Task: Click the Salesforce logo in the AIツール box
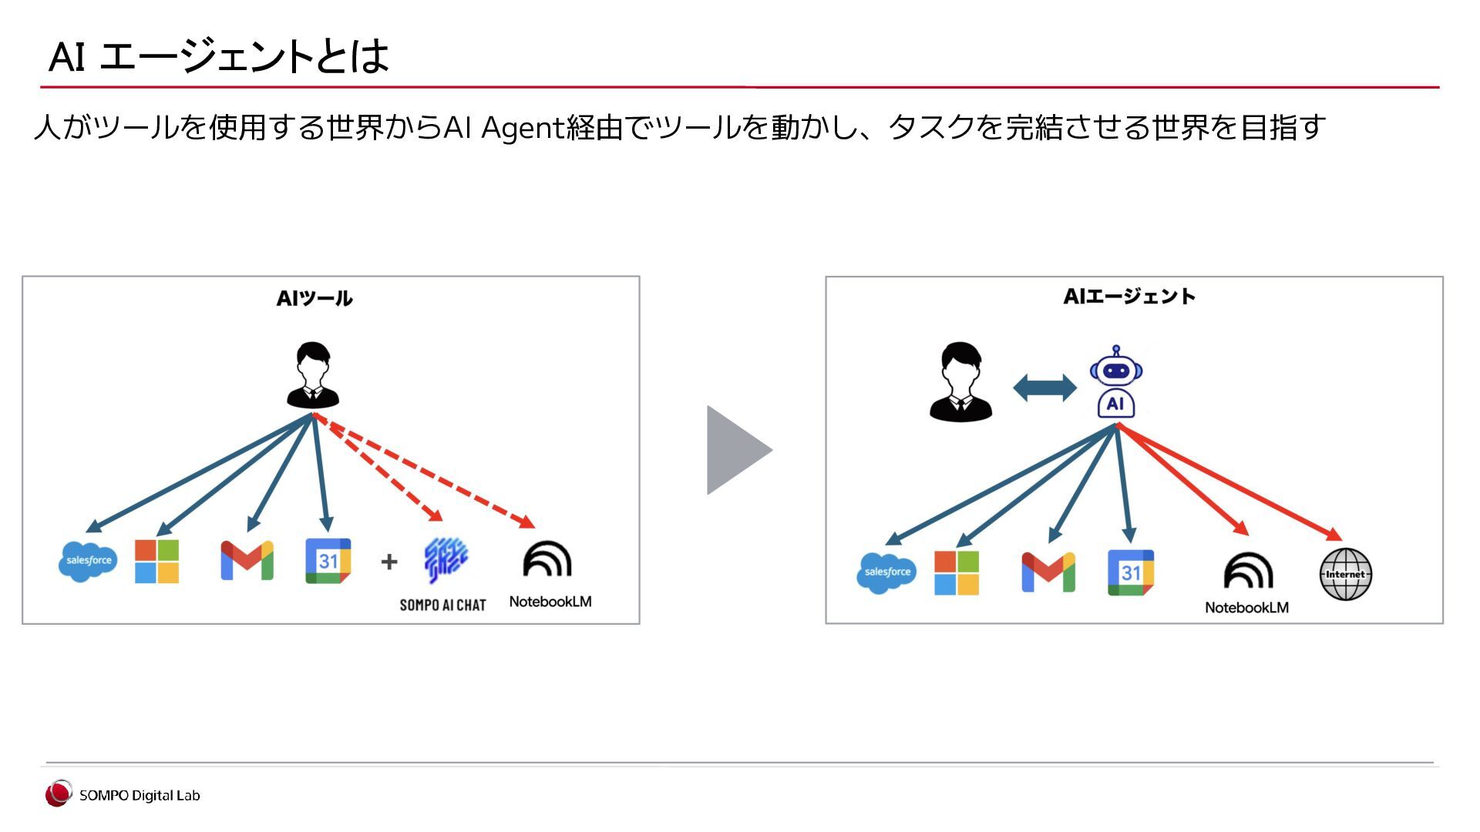pos(88,561)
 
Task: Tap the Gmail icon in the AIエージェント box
pos(1048,572)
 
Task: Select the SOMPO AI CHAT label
pos(442,606)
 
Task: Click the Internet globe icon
pos(1345,574)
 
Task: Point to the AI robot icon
pos(1115,382)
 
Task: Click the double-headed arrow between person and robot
pos(1044,387)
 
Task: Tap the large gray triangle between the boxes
pos(736,450)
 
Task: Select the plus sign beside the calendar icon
pos(389,562)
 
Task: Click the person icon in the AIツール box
pos(313,375)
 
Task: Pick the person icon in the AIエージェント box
pos(960,382)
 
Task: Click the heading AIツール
pos(314,299)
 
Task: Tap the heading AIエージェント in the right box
pos(1129,297)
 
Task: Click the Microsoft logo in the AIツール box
pos(156,561)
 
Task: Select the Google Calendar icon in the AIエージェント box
pos(1130,572)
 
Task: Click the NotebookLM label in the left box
pos(550,602)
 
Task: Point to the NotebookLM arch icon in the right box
pos(1248,572)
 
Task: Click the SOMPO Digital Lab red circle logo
pos(58,794)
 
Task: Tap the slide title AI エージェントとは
pos(219,56)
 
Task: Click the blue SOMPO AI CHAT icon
pos(446,560)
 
